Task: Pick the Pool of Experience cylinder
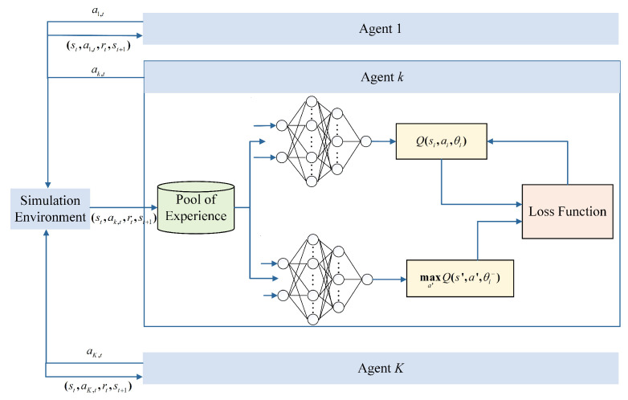coord(195,209)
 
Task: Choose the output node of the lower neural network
coord(365,280)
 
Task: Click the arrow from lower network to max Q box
coord(389,280)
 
